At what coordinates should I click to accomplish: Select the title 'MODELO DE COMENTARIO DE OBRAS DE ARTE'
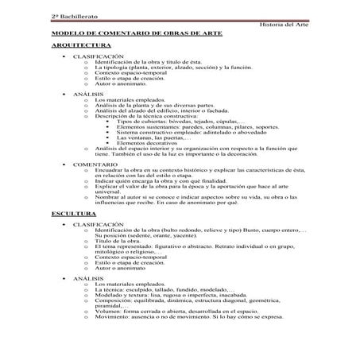coord(137,36)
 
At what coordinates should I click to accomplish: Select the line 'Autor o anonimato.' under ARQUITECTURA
coord(119,84)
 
